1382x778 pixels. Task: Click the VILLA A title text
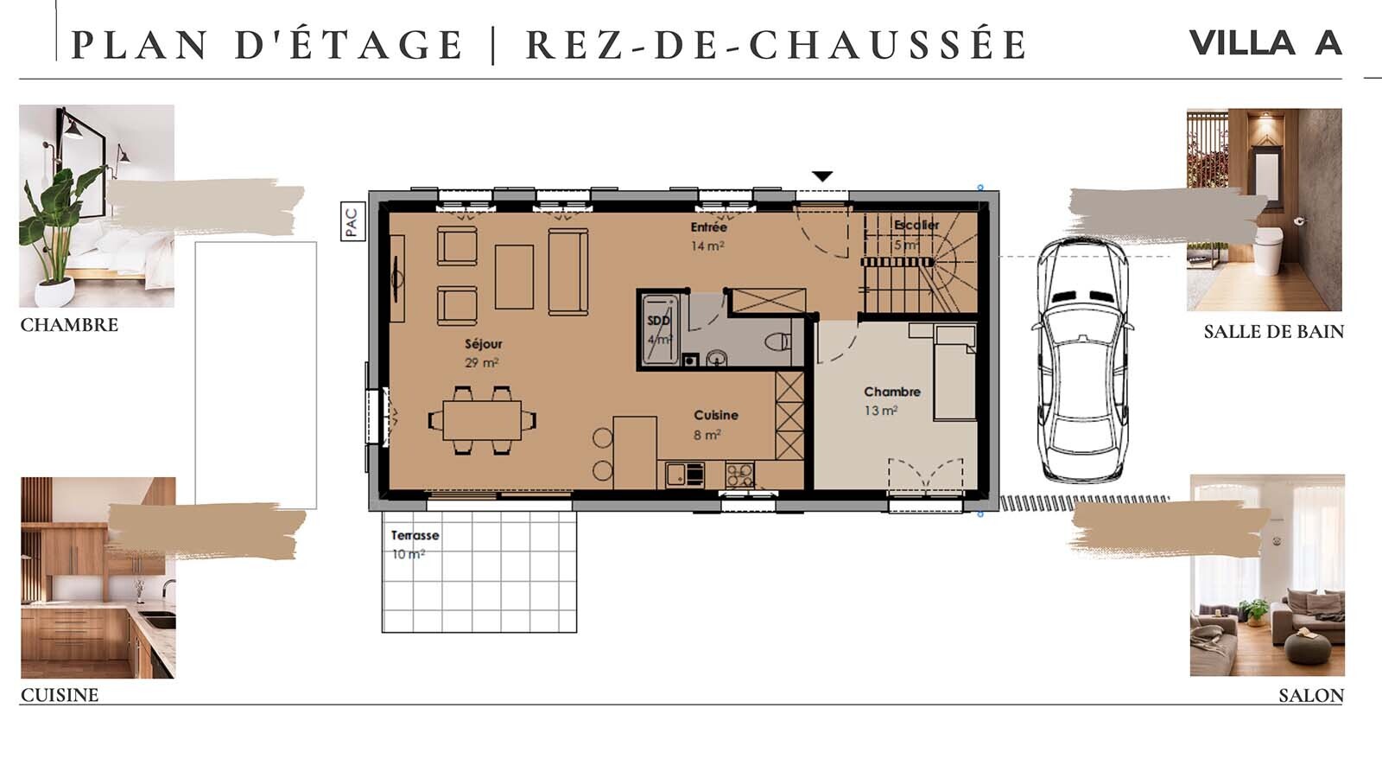[1265, 42]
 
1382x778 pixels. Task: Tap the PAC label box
[352, 221]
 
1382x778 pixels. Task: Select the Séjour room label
[483, 344]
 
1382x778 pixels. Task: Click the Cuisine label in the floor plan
[715, 415]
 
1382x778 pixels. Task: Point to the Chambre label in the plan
[891, 392]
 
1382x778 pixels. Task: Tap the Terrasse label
[415, 535]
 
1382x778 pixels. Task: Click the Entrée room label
[708, 227]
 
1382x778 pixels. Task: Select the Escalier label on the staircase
[916, 225]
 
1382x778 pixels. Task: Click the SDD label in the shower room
[658, 321]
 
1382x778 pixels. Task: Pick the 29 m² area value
[481, 363]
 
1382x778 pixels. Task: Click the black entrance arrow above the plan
[822, 176]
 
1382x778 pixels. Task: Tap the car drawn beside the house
[1081, 359]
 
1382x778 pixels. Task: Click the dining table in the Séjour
[482, 421]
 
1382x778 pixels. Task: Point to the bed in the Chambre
[954, 372]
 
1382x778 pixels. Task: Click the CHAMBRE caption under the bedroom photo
[69, 325]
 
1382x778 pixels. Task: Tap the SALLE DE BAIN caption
[1273, 332]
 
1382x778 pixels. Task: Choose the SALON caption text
[1310, 696]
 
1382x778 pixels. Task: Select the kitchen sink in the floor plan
[677, 474]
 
